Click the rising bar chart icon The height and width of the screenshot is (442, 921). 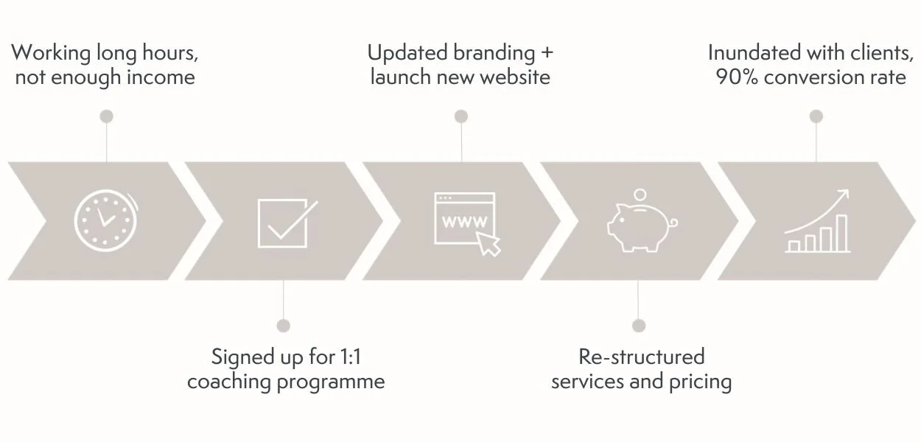817,222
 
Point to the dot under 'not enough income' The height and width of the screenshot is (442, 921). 107,116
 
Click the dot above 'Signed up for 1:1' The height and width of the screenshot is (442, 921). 284,326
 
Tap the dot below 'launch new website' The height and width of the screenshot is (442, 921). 461,116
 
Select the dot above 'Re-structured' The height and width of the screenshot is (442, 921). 639,326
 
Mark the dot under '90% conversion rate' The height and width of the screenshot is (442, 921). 816,116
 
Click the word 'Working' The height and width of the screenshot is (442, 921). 51,54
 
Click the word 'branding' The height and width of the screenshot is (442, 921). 494,54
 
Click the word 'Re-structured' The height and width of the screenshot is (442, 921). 641,357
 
